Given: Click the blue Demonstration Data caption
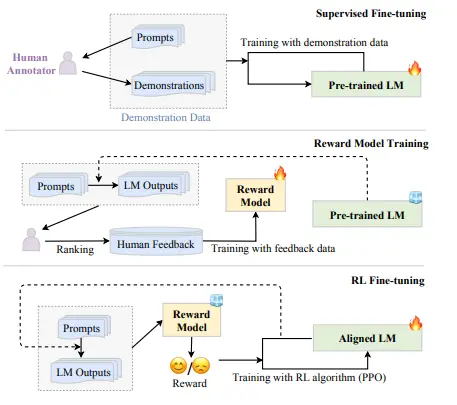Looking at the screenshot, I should [170, 116].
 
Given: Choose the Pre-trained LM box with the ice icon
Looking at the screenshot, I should [369, 214].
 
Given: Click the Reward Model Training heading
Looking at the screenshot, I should [376, 144].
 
